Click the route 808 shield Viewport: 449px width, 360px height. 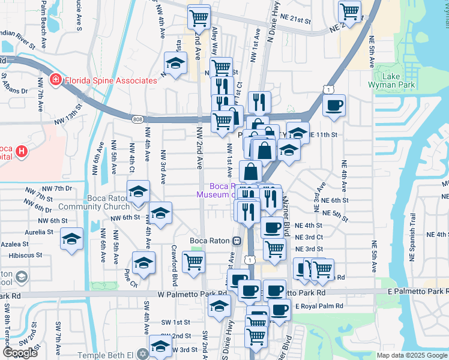(137, 120)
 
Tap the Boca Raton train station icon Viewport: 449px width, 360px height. (237, 241)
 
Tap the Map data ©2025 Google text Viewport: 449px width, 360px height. (412, 355)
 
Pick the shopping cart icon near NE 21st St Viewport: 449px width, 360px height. (349, 11)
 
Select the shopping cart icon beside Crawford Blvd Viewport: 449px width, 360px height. (193, 262)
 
